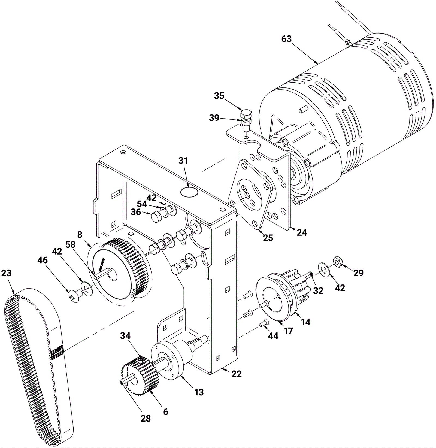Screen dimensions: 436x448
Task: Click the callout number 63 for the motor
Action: (286, 39)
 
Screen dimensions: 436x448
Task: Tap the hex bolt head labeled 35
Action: (246, 113)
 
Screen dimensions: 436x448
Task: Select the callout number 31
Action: (183, 161)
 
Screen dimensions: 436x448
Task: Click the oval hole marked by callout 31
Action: (189, 192)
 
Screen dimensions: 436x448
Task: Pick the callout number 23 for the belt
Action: (6, 273)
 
